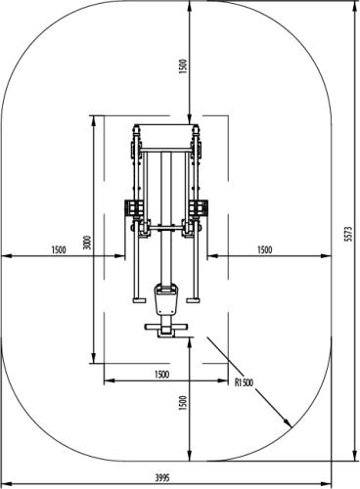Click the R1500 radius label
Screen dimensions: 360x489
click(244, 382)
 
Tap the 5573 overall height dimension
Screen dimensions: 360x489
click(349, 234)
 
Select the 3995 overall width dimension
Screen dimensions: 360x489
click(162, 478)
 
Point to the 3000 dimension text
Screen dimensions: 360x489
click(87, 243)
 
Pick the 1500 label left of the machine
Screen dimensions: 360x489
click(59, 249)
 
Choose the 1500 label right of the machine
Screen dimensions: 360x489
click(264, 249)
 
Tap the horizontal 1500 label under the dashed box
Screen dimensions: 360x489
click(162, 375)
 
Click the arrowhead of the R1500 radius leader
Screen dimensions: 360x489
click(288, 422)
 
